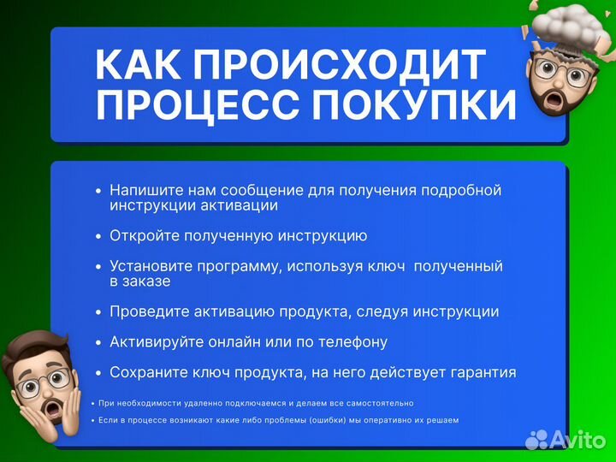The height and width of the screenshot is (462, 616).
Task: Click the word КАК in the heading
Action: tap(142, 66)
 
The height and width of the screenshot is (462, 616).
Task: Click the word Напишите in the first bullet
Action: tap(140, 190)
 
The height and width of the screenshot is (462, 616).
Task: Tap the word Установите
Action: tap(147, 266)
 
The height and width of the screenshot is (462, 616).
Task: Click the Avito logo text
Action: tap(578, 439)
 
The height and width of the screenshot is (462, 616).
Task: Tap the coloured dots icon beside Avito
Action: tap(536, 440)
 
